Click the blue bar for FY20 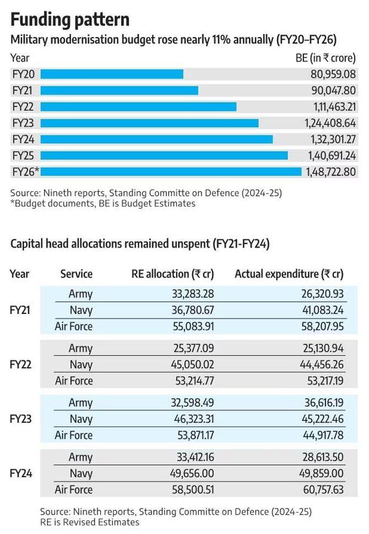pyautogui.click(x=112, y=74)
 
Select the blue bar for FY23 pyautogui.click(x=149, y=122)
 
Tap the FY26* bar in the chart pyautogui.click(x=171, y=172)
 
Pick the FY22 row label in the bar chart pyautogui.click(x=23, y=106)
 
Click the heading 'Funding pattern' pyautogui.click(x=70, y=20)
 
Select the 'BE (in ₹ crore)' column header pyautogui.click(x=326, y=58)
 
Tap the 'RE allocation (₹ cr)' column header pyautogui.click(x=172, y=274)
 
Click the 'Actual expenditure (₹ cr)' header pyautogui.click(x=289, y=274)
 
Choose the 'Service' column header pyautogui.click(x=77, y=274)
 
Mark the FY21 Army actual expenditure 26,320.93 pyautogui.click(x=317, y=294)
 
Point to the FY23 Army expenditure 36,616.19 pyautogui.click(x=317, y=403)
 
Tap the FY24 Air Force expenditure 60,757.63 pyautogui.click(x=317, y=490)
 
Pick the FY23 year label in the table pyautogui.click(x=21, y=419)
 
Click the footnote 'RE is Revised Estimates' pyautogui.click(x=90, y=521)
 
